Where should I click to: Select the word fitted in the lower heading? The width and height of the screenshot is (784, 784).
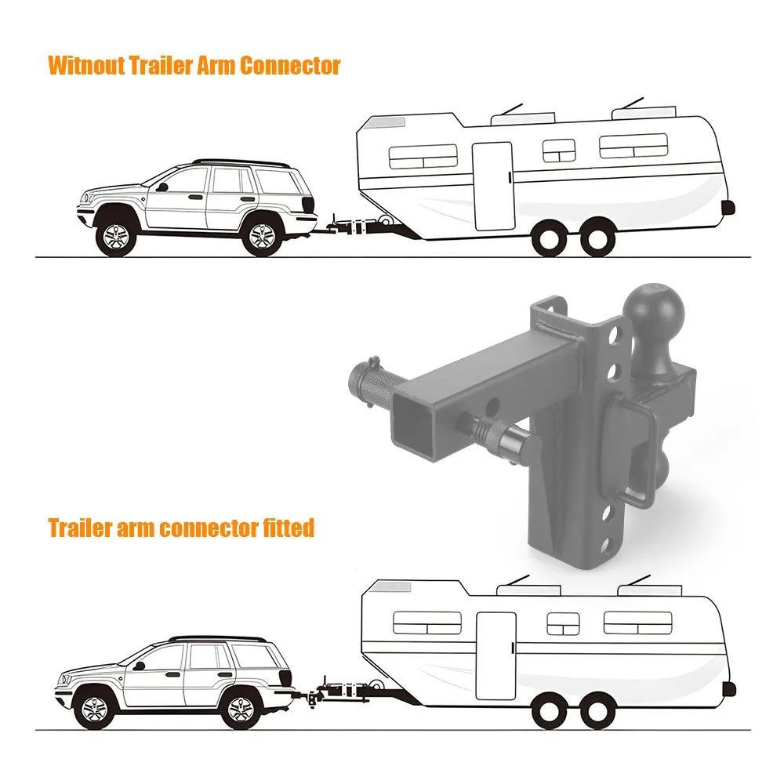[x=287, y=528]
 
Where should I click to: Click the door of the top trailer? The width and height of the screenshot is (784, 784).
[x=492, y=186]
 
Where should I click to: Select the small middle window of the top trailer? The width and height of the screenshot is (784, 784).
[x=559, y=151]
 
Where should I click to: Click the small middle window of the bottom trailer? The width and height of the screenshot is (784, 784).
[x=563, y=623]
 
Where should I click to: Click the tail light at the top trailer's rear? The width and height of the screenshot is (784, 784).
[x=728, y=208]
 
